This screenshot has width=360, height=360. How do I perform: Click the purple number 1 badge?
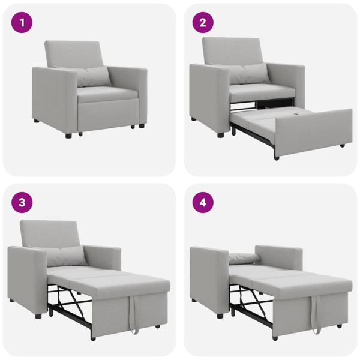(x=23, y=23)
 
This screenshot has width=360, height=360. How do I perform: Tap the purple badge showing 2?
(x=203, y=23)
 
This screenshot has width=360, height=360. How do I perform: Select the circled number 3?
(x=23, y=202)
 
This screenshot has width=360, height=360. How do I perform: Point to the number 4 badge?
(x=203, y=202)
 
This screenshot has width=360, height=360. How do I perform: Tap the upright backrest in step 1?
(x=74, y=55)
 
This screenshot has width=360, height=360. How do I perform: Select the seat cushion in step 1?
(x=107, y=94)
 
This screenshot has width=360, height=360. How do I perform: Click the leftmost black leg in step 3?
(x=38, y=315)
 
